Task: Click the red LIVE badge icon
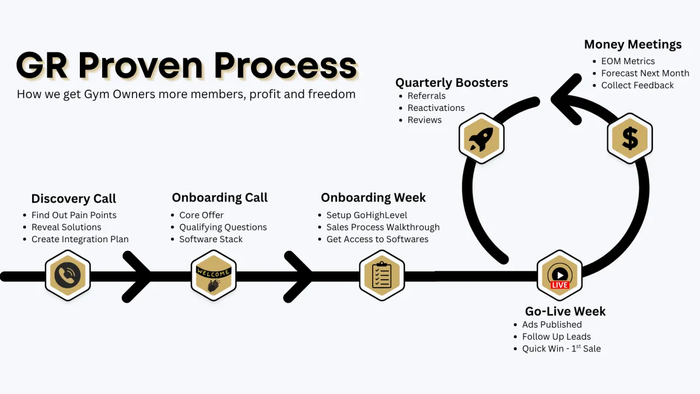pyautogui.click(x=559, y=284)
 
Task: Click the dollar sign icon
pyautogui.click(x=630, y=138)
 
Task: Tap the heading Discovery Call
pyautogui.click(x=73, y=198)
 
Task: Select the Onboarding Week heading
pyautogui.click(x=373, y=197)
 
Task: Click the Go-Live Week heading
pyautogui.click(x=565, y=311)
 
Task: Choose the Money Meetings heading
pyautogui.click(x=633, y=44)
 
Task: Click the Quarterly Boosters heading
pyautogui.click(x=452, y=83)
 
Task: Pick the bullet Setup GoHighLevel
pyautogui.click(x=366, y=215)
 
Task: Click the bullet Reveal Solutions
pyautogui.click(x=66, y=227)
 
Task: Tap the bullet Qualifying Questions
pyautogui.click(x=223, y=227)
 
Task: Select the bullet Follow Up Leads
pyautogui.click(x=556, y=337)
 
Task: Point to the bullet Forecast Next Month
pyautogui.click(x=645, y=73)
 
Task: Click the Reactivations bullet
pyautogui.click(x=436, y=108)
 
